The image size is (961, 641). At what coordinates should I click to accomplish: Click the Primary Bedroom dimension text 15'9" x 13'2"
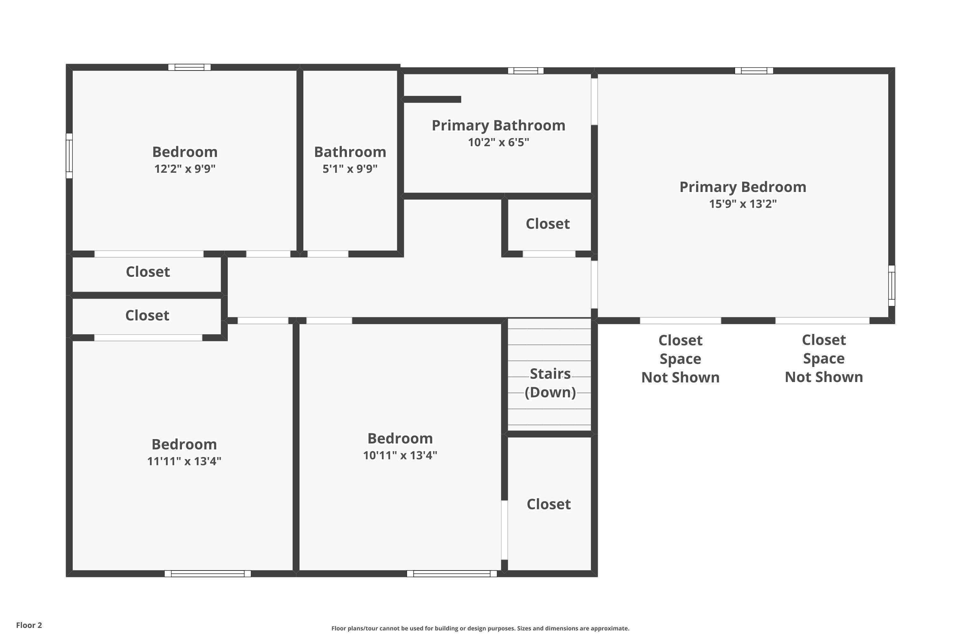(x=743, y=204)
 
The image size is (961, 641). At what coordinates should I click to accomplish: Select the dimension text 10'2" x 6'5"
(x=498, y=142)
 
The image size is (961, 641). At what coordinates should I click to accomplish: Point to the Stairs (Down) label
(x=550, y=383)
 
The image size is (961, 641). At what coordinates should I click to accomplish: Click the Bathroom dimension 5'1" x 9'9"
(x=350, y=169)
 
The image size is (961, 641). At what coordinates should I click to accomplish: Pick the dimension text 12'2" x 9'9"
(x=185, y=169)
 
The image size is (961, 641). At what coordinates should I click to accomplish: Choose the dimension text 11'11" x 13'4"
(x=184, y=461)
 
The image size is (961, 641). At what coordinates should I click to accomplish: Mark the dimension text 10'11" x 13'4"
(x=400, y=455)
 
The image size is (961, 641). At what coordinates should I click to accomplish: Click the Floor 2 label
(x=29, y=625)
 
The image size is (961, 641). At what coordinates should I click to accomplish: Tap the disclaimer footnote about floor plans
(x=480, y=628)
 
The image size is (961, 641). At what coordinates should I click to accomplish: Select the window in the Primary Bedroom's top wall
(x=754, y=71)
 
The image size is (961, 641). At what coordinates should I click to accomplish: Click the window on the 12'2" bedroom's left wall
(x=70, y=156)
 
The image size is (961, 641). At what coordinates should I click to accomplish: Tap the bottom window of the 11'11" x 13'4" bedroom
(x=208, y=574)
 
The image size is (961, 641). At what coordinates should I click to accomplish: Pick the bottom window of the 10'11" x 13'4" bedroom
(x=452, y=574)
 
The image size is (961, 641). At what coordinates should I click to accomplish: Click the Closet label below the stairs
(x=549, y=504)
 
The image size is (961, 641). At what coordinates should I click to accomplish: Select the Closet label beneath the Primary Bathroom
(x=547, y=224)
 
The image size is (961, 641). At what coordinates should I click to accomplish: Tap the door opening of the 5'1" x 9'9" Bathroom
(x=328, y=254)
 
